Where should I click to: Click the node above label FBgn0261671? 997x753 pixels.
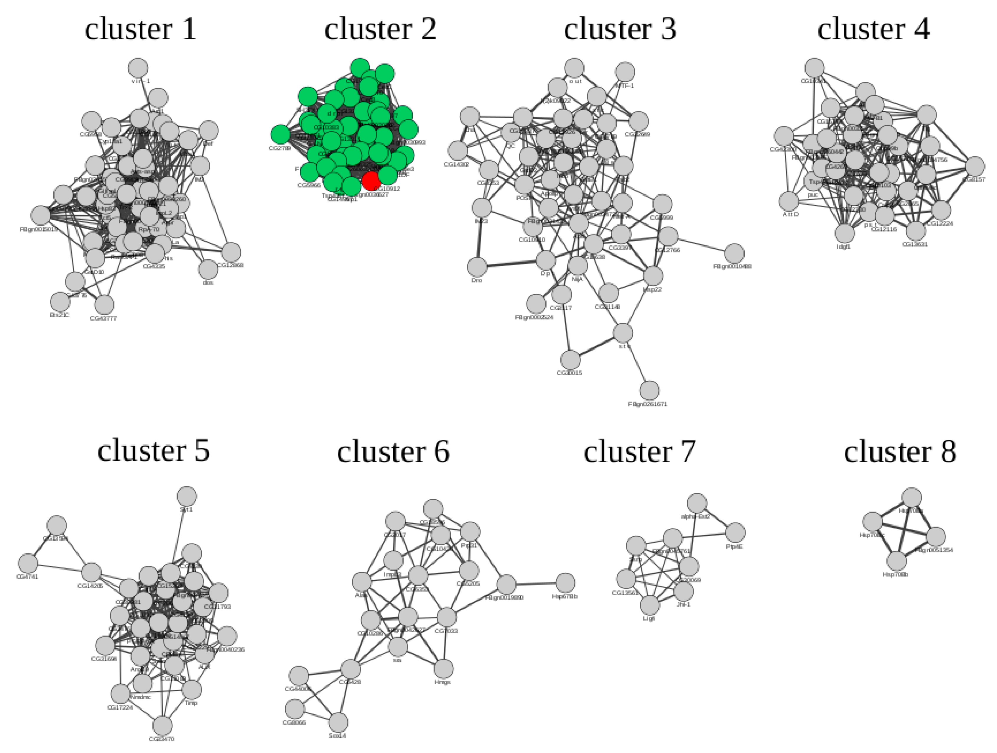[649, 390]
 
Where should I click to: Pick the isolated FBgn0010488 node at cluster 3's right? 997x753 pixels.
[735, 253]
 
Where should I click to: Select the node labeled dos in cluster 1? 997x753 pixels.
[208, 269]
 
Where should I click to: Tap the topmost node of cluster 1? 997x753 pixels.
[138, 68]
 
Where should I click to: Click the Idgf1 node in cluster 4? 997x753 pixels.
[845, 233]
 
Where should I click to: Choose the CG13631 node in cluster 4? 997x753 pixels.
[915, 231]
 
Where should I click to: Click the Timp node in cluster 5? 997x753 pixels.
[192, 689]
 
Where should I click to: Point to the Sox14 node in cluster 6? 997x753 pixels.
[338, 722]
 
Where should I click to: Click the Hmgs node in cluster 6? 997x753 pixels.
[443, 669]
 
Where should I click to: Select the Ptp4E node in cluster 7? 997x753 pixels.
[736, 532]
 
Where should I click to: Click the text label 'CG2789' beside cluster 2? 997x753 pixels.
[279, 148]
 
